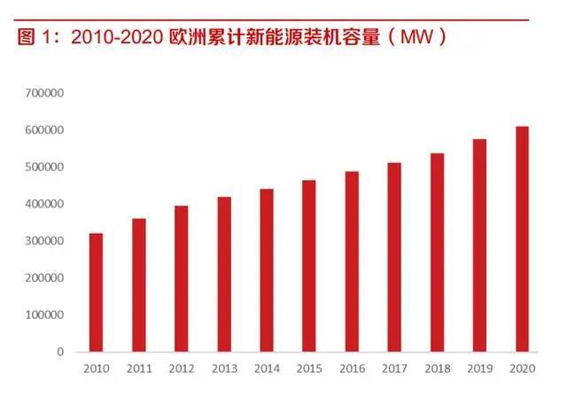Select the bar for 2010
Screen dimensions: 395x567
coord(97,292)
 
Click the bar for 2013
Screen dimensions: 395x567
coord(224,274)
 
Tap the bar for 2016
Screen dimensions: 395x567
coord(352,261)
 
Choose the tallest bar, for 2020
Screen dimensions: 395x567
coord(523,239)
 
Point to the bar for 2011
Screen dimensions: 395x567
coord(139,284)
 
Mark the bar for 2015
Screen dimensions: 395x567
coord(309,266)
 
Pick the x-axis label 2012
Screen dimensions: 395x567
coord(182,368)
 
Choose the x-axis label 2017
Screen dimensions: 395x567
coord(394,368)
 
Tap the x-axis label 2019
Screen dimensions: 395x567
coord(479,368)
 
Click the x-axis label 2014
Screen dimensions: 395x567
coord(267,368)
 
